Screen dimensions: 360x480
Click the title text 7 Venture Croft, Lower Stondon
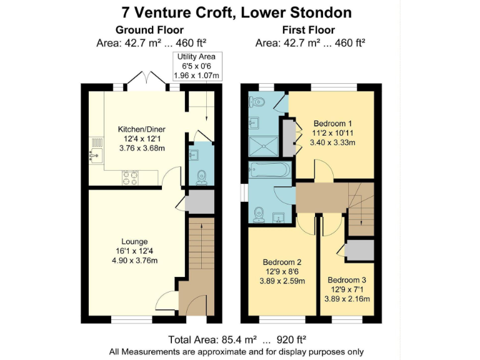tap(241, 12)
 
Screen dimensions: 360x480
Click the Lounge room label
tap(134, 241)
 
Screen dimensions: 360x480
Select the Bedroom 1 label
tap(333, 123)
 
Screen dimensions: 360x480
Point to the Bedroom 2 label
tap(282, 262)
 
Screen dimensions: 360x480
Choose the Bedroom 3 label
tap(347, 279)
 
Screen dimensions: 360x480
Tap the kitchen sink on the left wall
tap(96, 149)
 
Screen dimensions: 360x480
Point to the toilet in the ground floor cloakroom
tap(201, 177)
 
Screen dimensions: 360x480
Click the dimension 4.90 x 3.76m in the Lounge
tap(135, 261)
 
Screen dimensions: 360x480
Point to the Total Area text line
tap(237, 340)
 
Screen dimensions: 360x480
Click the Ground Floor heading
tap(149, 30)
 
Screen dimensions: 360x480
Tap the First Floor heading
tap(309, 30)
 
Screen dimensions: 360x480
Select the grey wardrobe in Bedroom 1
tap(288, 137)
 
